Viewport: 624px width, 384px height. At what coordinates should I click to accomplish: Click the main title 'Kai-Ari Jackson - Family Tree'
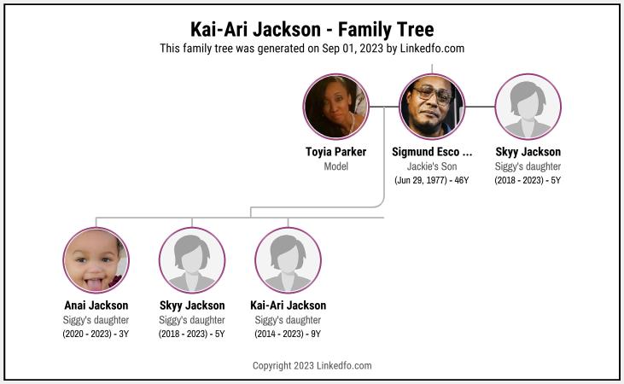click(x=312, y=29)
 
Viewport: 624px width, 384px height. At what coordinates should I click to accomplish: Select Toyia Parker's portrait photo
click(x=335, y=107)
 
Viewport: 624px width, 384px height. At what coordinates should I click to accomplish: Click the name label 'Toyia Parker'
click(x=335, y=152)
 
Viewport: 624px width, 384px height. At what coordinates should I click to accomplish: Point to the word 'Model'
click(x=335, y=166)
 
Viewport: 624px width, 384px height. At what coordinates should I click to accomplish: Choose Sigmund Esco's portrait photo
click(x=432, y=107)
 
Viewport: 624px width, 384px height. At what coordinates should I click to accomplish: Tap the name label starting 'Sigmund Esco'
click(x=432, y=152)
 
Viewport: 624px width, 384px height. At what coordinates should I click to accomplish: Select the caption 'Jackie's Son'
click(x=432, y=166)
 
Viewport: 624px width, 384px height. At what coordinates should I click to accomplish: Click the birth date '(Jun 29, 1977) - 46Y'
click(x=432, y=180)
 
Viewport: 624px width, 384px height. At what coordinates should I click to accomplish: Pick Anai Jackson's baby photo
click(x=96, y=260)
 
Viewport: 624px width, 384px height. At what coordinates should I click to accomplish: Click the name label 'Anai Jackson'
click(x=96, y=305)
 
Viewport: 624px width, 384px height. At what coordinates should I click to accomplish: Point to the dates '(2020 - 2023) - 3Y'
click(x=96, y=334)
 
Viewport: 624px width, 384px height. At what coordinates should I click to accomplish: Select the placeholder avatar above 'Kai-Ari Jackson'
click(x=288, y=260)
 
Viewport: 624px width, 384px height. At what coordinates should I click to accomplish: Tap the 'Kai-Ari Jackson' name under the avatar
click(x=288, y=305)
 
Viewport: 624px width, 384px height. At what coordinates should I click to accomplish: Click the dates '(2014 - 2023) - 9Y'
click(x=288, y=334)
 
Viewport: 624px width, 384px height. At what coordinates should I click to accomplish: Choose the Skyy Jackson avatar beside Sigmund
click(x=528, y=107)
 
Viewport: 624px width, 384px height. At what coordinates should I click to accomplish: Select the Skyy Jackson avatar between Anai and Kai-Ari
click(x=192, y=260)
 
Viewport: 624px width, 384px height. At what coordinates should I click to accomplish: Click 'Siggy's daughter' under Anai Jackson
click(x=96, y=320)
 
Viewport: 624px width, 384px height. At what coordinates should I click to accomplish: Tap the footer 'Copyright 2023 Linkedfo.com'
click(x=312, y=365)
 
